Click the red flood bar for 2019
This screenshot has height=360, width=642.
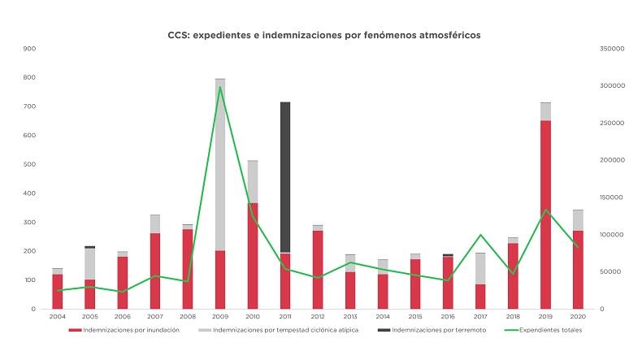point(545,215)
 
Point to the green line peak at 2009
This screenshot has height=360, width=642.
point(220,87)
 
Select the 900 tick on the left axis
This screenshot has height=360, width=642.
point(29,49)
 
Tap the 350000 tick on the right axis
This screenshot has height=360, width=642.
point(611,49)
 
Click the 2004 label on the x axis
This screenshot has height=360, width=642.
point(57,316)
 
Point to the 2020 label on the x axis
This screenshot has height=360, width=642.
point(578,316)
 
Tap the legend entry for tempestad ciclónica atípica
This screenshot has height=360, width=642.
point(284,331)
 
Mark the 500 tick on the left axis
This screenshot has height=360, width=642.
point(29,164)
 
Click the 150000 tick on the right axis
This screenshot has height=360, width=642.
point(611,197)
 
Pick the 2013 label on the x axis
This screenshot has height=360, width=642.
point(350,316)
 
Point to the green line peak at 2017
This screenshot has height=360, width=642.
point(480,235)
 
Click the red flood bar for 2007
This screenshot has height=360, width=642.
point(155,271)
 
